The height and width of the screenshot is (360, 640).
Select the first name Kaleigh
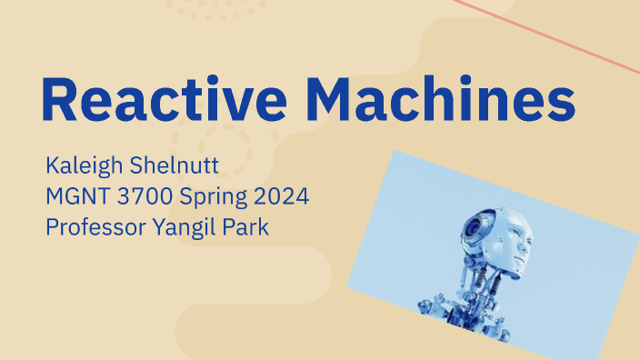tap(82, 167)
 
